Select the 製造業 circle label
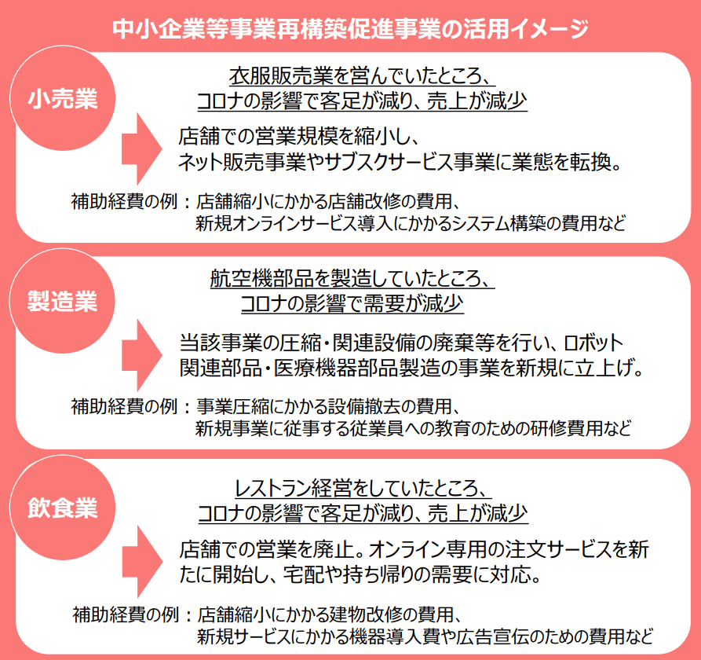tap(62, 302)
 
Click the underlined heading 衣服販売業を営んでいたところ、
tap(360, 77)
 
